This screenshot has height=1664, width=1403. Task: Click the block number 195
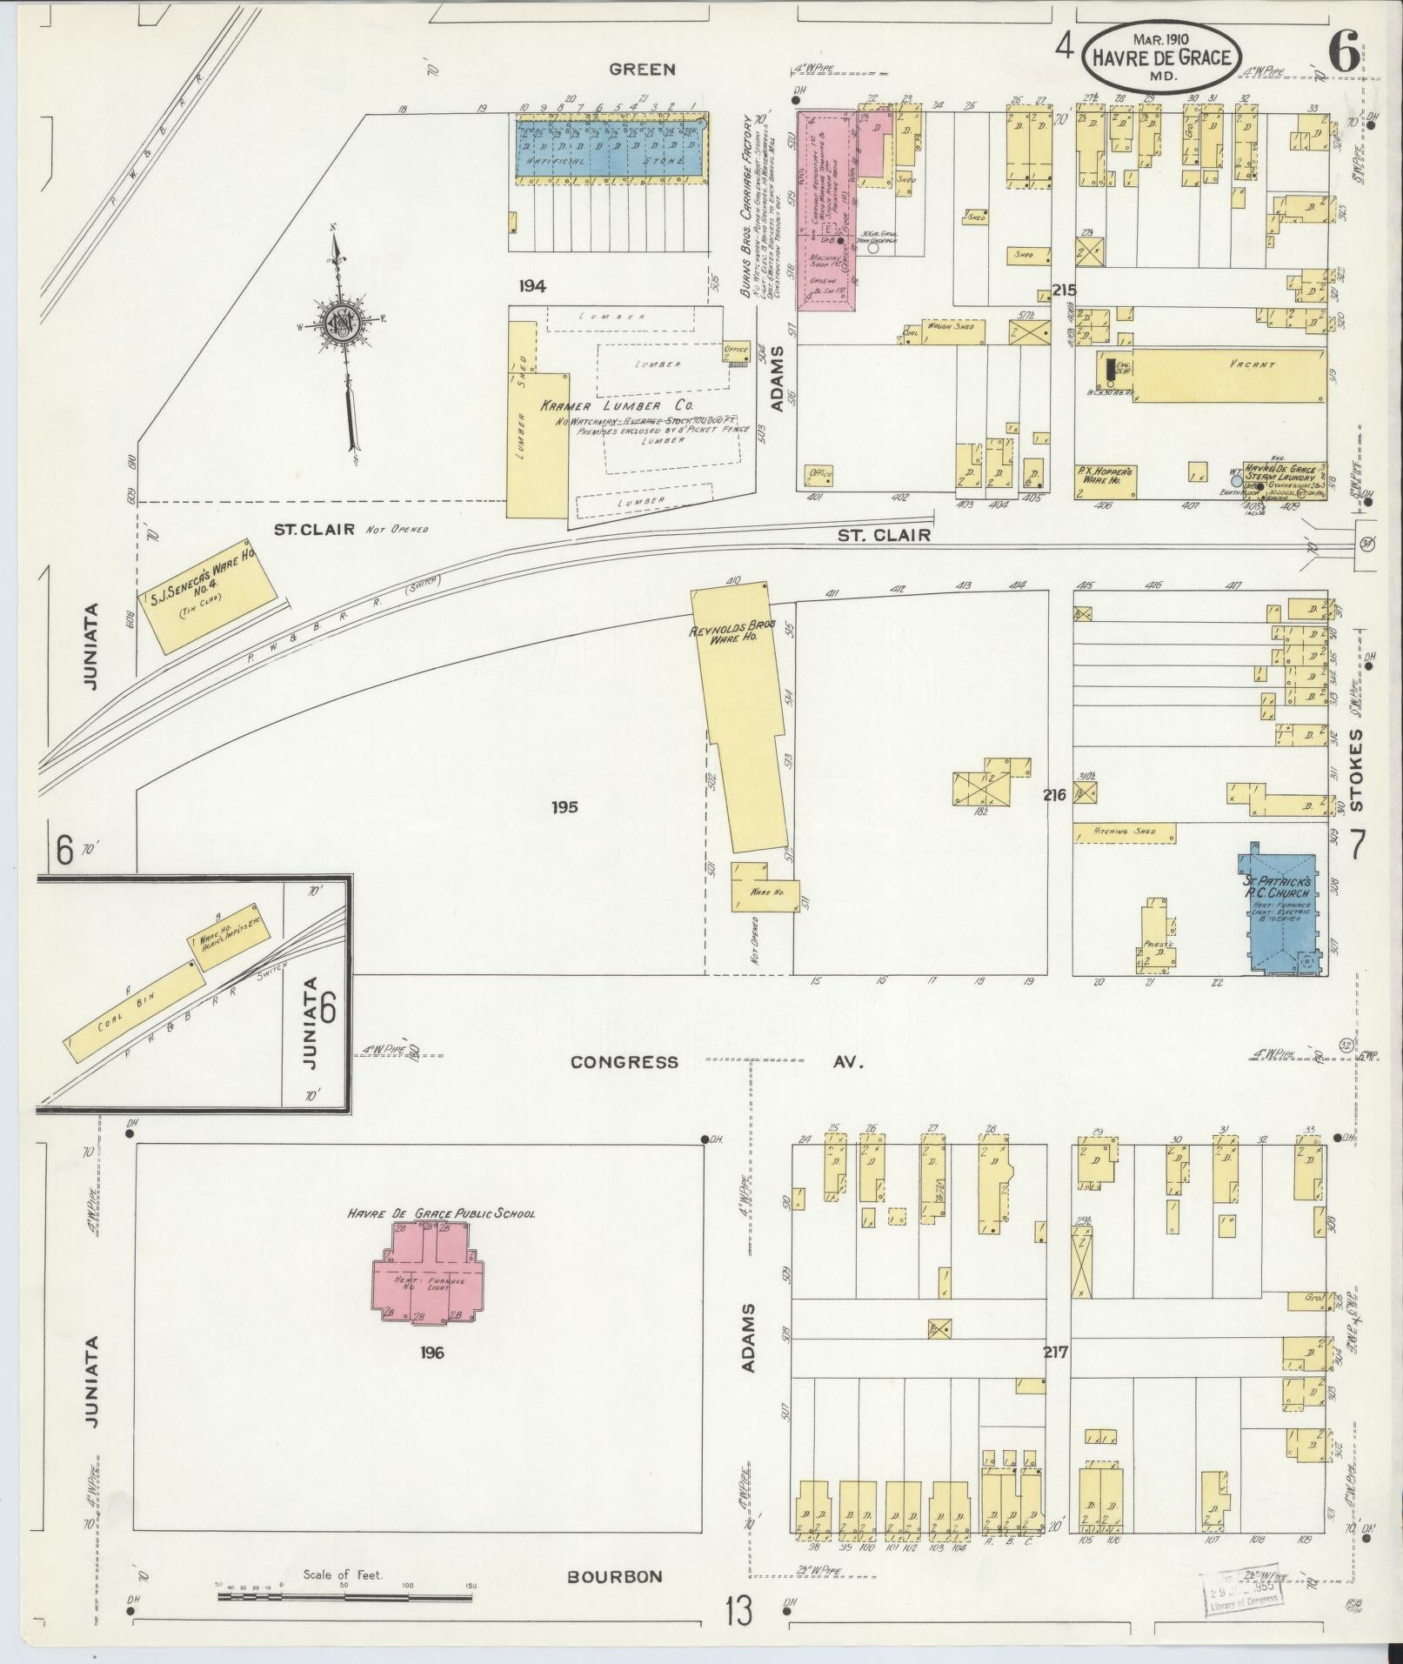(564, 806)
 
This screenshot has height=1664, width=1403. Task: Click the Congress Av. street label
(625, 1061)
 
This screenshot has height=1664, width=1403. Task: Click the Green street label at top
(642, 69)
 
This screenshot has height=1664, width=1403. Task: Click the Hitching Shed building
(1124, 832)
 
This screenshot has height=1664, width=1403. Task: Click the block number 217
(1055, 1353)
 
